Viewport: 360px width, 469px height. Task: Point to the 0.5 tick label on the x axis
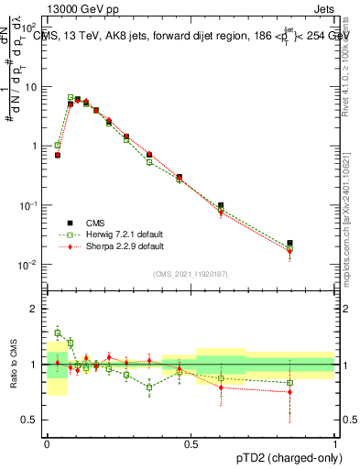point(191,442)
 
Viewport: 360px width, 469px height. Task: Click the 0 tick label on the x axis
point(47,442)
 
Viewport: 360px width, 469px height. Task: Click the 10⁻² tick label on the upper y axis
point(28,265)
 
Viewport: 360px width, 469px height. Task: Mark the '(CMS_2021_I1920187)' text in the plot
point(191,274)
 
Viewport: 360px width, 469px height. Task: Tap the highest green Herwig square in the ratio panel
point(58,333)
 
